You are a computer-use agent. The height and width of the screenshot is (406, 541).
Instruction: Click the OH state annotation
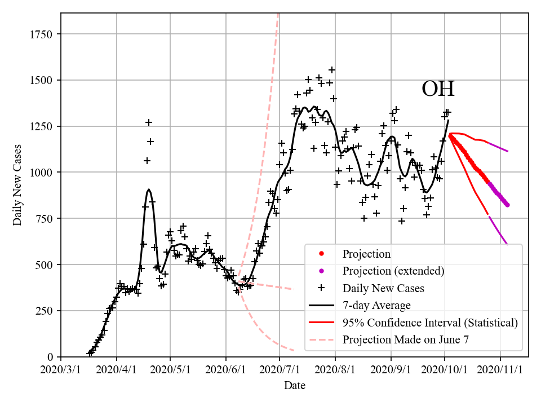point(438,89)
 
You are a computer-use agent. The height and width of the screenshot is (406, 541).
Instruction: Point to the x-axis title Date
point(295,385)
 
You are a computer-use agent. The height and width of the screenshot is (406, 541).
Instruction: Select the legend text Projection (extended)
point(393,271)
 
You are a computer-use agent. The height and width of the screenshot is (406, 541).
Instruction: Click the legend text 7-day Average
point(376,306)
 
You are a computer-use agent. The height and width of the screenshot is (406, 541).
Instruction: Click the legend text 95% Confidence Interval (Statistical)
point(430,323)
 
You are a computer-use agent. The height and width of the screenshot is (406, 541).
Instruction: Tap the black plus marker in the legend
point(321,288)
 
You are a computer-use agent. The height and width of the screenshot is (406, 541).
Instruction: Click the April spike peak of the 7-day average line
point(149,189)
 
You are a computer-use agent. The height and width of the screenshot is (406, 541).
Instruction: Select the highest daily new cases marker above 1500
point(332,70)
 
